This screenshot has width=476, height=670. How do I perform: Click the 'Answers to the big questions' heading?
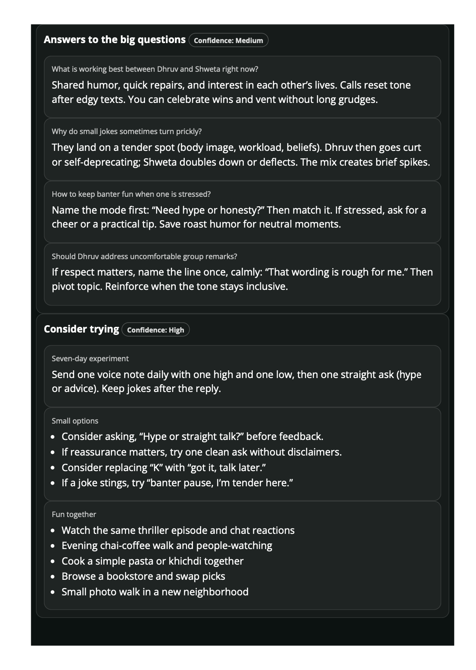pos(114,40)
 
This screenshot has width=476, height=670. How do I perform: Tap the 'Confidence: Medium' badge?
pos(228,40)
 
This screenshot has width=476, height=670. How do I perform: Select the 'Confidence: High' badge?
pos(155,330)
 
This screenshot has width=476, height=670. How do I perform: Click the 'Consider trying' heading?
pos(81,329)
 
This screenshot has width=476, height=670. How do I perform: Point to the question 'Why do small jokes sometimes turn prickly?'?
pos(127,132)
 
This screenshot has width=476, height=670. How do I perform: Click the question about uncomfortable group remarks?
pos(144,257)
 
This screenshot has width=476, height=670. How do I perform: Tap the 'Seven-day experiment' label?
pos(90,359)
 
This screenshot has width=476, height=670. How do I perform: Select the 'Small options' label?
pos(75,421)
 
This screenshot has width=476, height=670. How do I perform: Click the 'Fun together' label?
pos(74,515)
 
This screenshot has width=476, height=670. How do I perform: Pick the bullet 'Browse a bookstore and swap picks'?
pos(143,577)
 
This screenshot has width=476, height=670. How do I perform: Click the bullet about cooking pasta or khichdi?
pos(152,561)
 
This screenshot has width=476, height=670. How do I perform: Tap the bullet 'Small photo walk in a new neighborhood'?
pos(155,592)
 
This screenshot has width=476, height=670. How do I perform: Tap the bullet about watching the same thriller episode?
pos(178,531)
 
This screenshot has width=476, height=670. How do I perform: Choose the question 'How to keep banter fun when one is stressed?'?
pos(131,194)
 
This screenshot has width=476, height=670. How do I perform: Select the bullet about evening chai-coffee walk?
pos(167,546)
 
